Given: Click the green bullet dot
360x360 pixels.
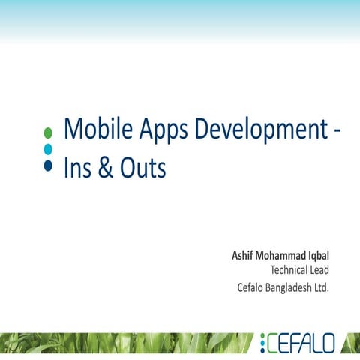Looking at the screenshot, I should tap(49, 133).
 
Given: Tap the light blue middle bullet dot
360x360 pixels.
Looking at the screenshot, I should tap(49, 149).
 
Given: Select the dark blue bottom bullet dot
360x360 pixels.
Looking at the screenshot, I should tap(49, 166).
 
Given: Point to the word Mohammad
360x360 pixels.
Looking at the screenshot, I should tap(283, 256).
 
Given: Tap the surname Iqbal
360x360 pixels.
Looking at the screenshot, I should tap(319, 256).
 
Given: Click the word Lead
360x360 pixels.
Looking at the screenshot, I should tap(320, 270).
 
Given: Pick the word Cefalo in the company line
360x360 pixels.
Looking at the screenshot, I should tap(252, 286).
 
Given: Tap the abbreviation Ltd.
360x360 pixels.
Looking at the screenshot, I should tap(323, 286).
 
